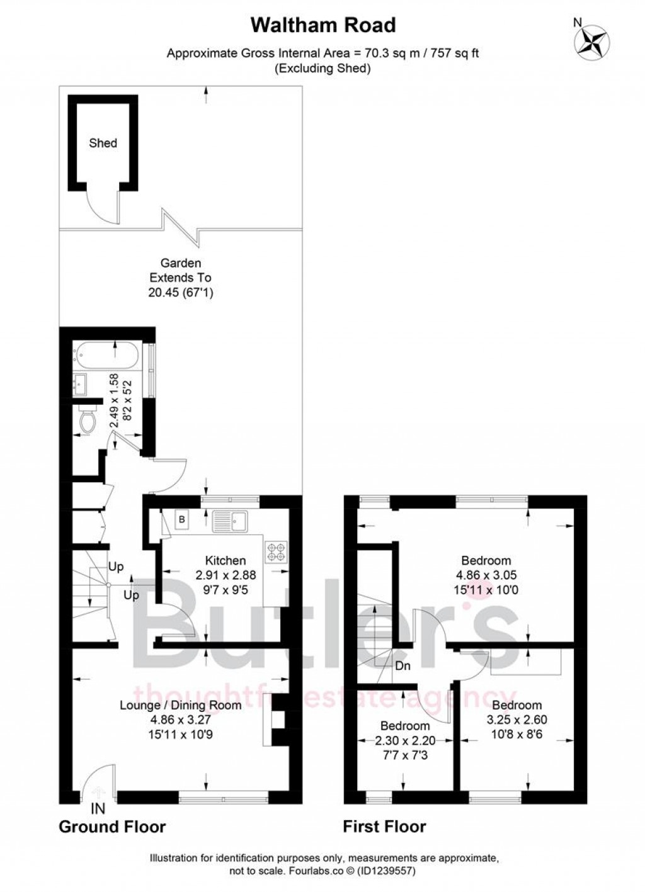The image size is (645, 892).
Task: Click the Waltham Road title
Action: click(323, 25)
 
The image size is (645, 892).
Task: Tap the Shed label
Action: click(103, 143)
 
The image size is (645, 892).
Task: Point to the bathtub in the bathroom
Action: click(108, 356)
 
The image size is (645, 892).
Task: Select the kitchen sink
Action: click(231, 521)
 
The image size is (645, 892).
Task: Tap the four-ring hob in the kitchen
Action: click(277, 551)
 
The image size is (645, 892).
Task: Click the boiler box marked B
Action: click(182, 520)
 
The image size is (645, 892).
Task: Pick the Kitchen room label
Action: click(225, 560)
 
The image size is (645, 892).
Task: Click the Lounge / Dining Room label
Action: click(181, 705)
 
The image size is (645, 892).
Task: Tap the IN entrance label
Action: click(98, 808)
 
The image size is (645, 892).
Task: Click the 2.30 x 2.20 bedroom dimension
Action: click(405, 740)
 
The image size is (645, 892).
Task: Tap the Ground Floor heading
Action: click(112, 827)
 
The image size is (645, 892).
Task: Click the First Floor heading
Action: click(384, 827)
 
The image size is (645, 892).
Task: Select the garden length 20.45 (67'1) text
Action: click(180, 292)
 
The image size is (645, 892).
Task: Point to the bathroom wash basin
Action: click(79, 385)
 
